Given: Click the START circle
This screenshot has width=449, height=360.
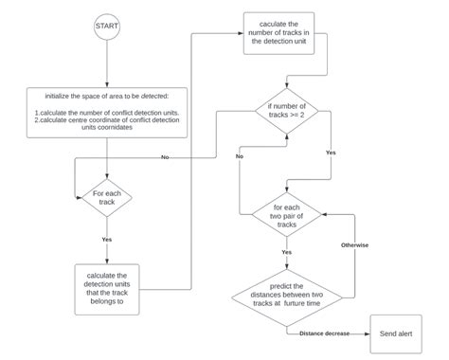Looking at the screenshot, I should (x=107, y=27).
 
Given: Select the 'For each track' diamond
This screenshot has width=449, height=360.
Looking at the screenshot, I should (x=107, y=198).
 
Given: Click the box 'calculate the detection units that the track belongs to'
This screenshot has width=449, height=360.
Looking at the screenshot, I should (x=107, y=287).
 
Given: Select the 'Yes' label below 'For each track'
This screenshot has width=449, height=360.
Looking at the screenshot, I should (x=107, y=239).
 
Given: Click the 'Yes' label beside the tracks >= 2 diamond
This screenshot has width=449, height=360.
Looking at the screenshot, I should (x=331, y=152).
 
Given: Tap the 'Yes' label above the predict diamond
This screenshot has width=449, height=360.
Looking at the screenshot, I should (x=285, y=253).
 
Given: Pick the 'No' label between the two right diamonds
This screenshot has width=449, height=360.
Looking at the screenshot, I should (x=240, y=155).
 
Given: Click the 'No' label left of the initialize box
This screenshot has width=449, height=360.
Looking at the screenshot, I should (x=165, y=156).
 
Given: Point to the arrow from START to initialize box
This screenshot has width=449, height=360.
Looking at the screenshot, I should (x=107, y=63).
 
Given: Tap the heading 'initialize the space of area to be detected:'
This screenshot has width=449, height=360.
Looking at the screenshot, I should (x=107, y=97).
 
